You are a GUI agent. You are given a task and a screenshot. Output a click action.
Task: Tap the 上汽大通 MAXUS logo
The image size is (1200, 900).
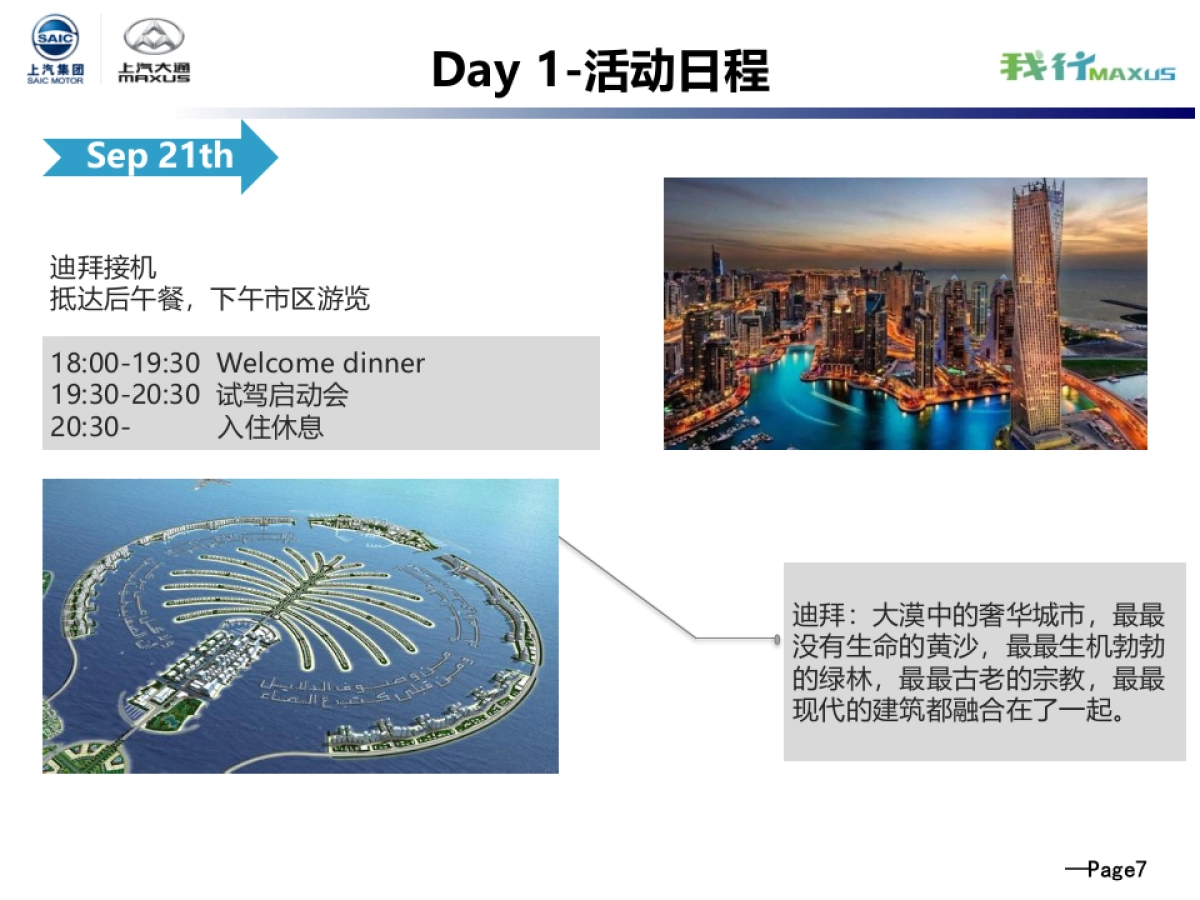click(x=154, y=50)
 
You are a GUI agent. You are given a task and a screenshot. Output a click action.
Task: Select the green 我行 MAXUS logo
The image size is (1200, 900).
click(x=1087, y=68)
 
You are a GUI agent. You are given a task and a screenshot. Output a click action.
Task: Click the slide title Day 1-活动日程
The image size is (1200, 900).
click(x=600, y=71)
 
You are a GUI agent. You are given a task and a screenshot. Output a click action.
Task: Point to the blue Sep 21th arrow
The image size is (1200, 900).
click(x=160, y=156)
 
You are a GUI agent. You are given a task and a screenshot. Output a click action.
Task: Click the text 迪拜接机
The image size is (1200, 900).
click(x=103, y=268)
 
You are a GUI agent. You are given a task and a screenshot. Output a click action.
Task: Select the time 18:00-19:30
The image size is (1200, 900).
click(x=125, y=363)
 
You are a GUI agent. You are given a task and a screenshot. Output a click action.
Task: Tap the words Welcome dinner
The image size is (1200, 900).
click(x=320, y=363)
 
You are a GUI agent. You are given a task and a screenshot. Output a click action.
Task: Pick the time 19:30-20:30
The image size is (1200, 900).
click(x=125, y=395)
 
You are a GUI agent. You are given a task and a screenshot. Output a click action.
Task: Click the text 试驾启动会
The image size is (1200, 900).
click(x=282, y=395)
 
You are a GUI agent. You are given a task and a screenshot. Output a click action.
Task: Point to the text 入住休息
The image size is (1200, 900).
click(x=270, y=428)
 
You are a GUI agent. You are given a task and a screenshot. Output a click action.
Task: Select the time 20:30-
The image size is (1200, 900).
click(x=90, y=428)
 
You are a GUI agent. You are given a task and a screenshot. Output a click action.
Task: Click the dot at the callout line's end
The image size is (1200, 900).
click(x=777, y=639)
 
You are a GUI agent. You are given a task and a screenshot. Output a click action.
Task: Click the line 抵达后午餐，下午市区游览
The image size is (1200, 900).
click(x=210, y=299)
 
